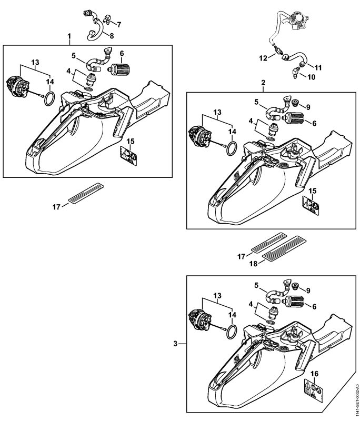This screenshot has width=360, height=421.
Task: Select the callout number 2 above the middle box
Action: [263, 83]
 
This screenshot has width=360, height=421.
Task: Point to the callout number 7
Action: [118, 24]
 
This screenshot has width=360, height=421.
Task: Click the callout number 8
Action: [111, 35]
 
